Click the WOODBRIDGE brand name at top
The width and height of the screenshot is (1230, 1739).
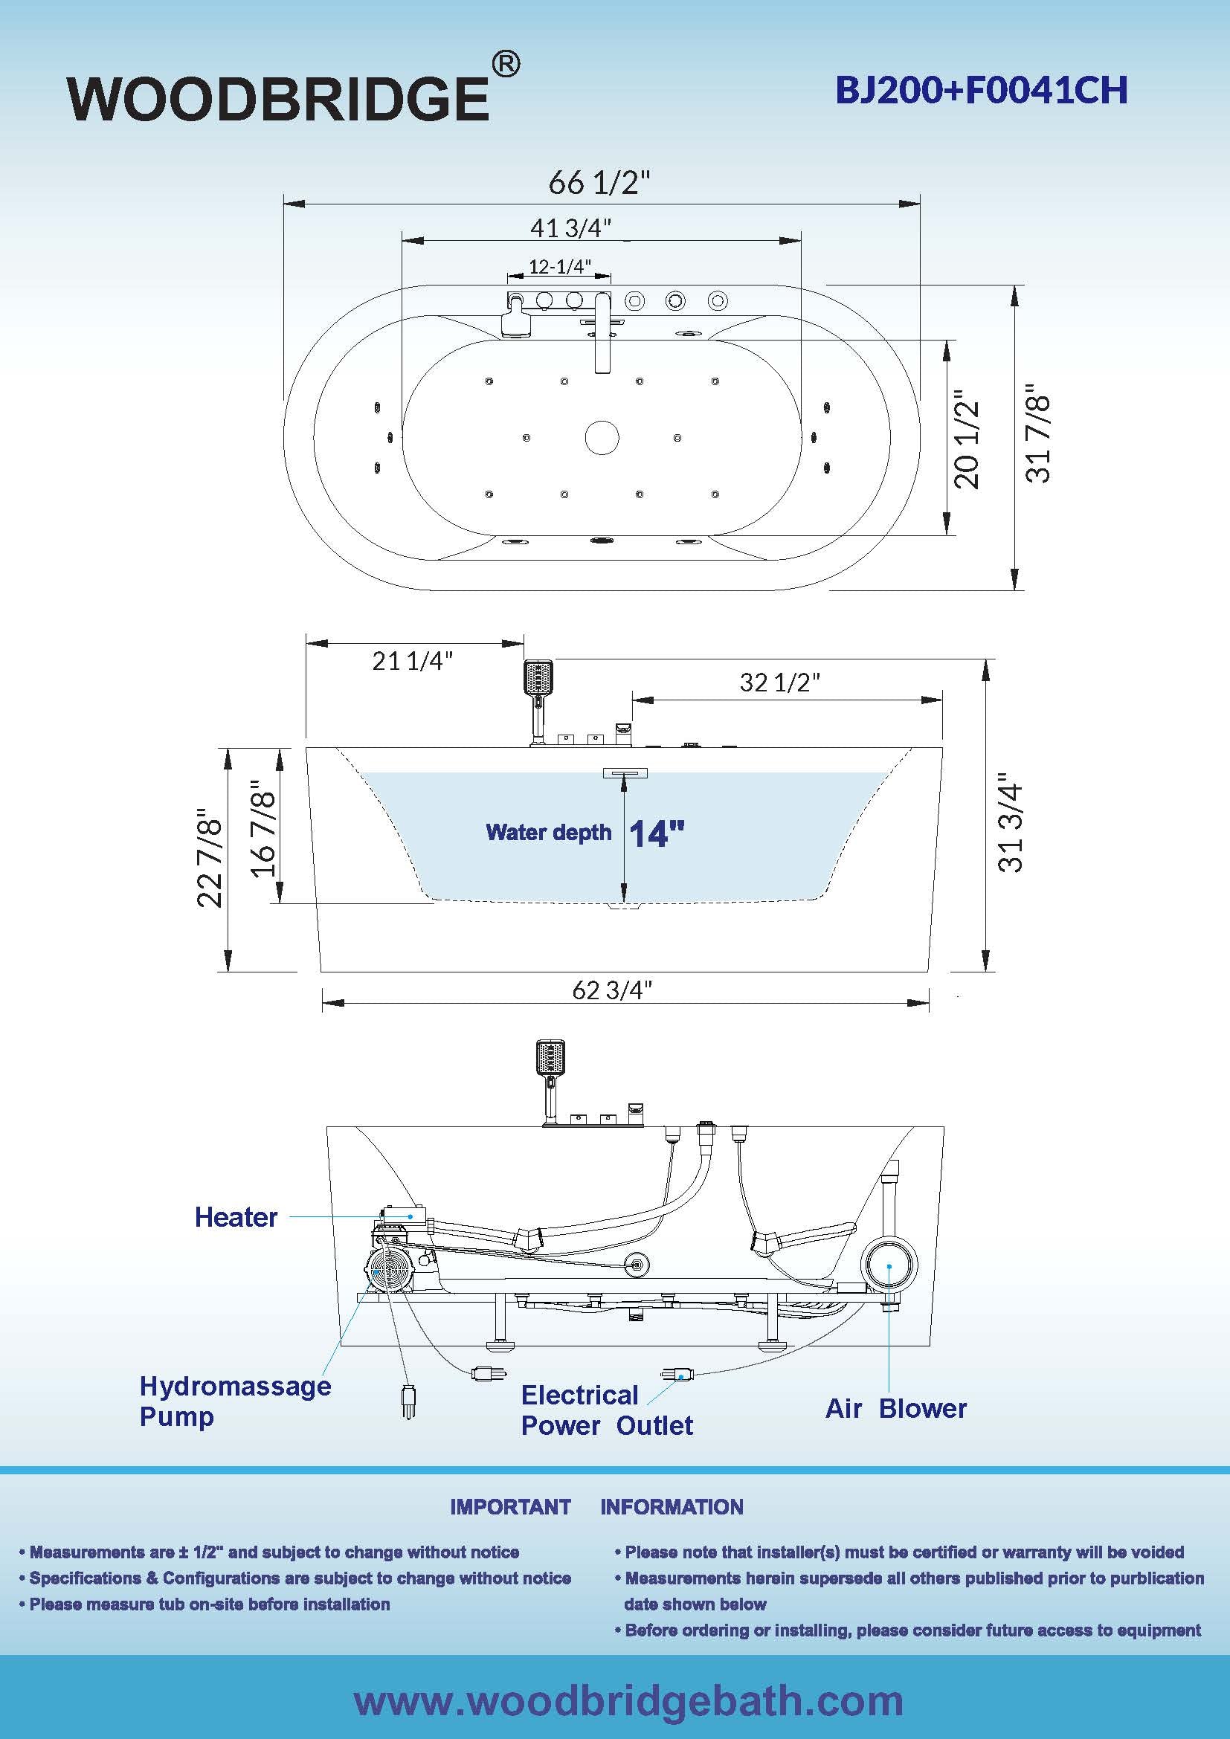click(x=279, y=98)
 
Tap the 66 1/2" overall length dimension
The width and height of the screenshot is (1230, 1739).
click(x=599, y=183)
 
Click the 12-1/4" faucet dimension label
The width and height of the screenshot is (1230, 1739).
click(x=560, y=267)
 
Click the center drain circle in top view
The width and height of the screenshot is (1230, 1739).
click(x=602, y=437)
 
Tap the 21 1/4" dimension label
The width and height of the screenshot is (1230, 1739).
click(x=412, y=660)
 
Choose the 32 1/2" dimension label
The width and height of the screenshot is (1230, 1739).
click(x=779, y=682)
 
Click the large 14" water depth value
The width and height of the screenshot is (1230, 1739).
click(x=657, y=834)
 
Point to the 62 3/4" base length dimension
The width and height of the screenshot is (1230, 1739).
click(x=612, y=990)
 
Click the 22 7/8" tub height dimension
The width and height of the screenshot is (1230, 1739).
click(x=210, y=862)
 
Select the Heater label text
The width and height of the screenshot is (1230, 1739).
click(x=236, y=1217)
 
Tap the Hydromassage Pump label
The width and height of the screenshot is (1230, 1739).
click(x=235, y=1401)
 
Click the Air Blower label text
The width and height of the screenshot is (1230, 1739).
click(x=896, y=1409)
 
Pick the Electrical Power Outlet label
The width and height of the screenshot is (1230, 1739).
click(x=607, y=1410)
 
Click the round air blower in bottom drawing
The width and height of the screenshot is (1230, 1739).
click(x=889, y=1264)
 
